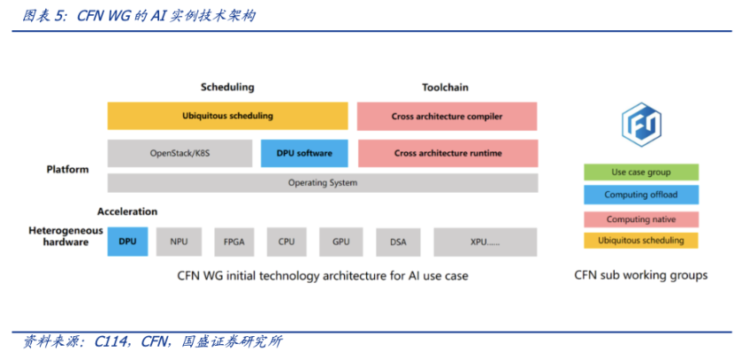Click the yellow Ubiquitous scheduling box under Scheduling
tap(227, 116)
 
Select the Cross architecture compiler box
tap(447, 116)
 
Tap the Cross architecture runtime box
tap(447, 153)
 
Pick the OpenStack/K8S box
tap(180, 153)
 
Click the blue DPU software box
tap(304, 153)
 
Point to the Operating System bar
tap(322, 183)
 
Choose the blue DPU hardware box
tap(127, 241)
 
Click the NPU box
tap(179, 241)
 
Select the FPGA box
tap(233, 241)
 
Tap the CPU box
tap(287, 241)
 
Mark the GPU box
tap(340, 241)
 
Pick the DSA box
tap(398, 241)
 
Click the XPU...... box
tap(485, 241)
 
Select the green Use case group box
tap(641, 172)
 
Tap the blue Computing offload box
tap(641, 195)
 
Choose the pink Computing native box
tap(641, 218)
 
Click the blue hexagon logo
tap(640, 125)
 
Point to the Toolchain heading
tap(445, 88)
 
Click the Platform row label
tap(68, 169)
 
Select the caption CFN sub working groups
tap(640, 275)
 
